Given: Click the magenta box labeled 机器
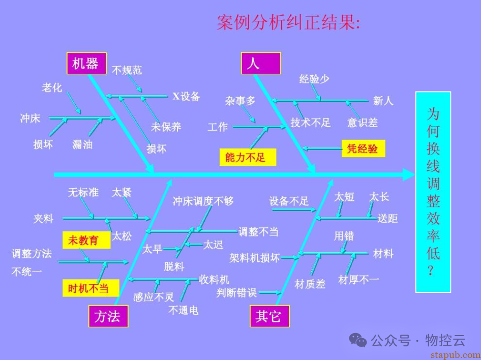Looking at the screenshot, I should point(86,63).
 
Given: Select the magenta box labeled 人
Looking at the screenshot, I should point(261,63).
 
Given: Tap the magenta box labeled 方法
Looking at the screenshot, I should point(107,316).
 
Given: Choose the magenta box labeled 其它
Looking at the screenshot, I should point(269,316).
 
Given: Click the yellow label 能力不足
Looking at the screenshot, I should point(248,157).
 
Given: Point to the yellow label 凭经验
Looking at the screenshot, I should point(363,149).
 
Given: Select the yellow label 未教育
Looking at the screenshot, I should point(86,240).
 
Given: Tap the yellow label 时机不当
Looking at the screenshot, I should point(91,288).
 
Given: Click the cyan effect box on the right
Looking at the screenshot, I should point(433,192).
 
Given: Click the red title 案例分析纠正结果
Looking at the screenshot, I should point(288,23).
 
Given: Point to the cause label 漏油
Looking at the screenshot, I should point(82,144).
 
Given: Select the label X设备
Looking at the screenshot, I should point(186,96).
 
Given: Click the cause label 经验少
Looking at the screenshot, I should point(314,79).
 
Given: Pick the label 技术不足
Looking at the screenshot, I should point(310,123).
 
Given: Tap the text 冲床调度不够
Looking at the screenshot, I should point(203,201).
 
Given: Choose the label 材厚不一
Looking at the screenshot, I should point(358,280).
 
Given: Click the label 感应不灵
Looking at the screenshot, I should point(153,296).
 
